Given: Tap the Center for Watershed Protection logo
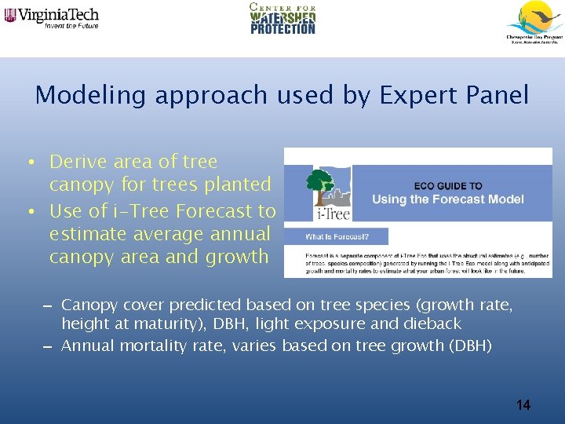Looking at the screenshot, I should coord(282,18).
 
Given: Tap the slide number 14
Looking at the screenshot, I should coord(523,405).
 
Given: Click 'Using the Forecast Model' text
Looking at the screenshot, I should coord(447,199).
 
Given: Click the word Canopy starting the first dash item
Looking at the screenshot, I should coord(89,305).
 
